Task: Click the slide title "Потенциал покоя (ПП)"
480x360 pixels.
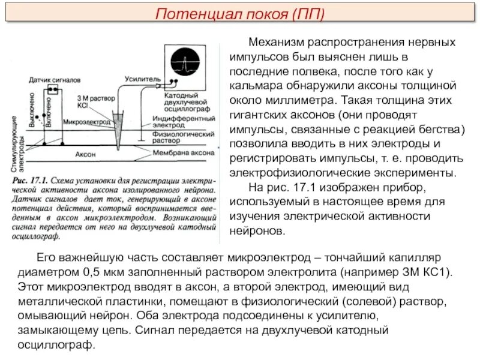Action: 240,13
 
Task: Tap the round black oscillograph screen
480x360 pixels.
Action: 187,61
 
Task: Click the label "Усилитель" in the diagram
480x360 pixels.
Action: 143,79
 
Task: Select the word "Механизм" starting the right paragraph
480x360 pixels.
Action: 275,43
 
